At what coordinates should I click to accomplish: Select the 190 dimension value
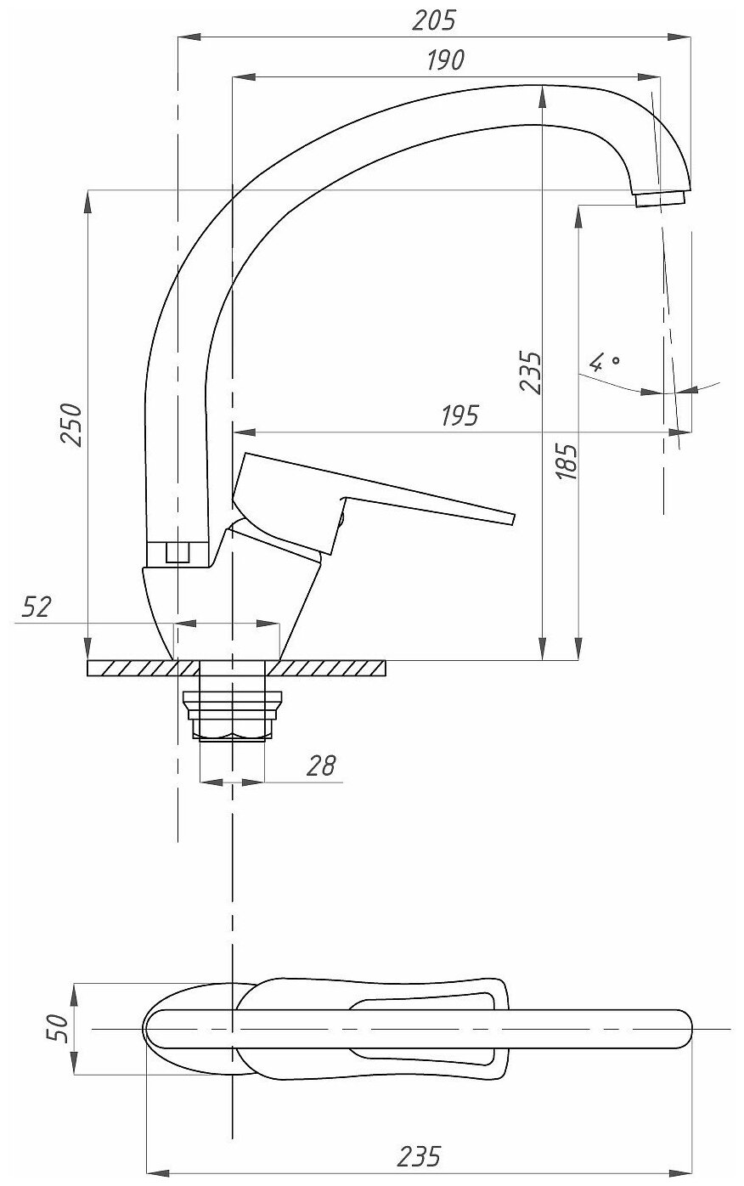444,60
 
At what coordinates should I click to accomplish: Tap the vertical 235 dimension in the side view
530,371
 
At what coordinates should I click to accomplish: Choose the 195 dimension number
459,415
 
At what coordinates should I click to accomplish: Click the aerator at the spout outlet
660,199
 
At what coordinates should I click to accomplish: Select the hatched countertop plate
331,669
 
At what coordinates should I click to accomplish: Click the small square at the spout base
177,552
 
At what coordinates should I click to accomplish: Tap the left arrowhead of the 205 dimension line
184,37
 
